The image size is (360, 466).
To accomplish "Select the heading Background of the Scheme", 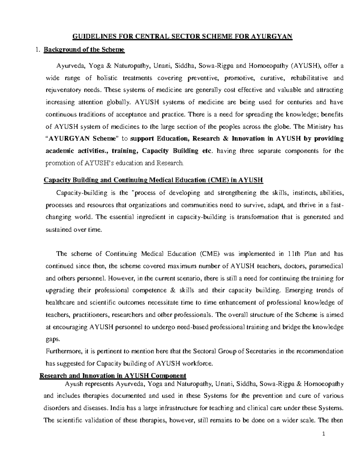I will [x=84, y=50].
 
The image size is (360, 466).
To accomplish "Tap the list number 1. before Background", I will [x=37, y=50].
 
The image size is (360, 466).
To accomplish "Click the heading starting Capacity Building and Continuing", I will [x=153, y=180].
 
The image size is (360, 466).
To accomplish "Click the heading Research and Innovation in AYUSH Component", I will [x=113, y=376].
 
